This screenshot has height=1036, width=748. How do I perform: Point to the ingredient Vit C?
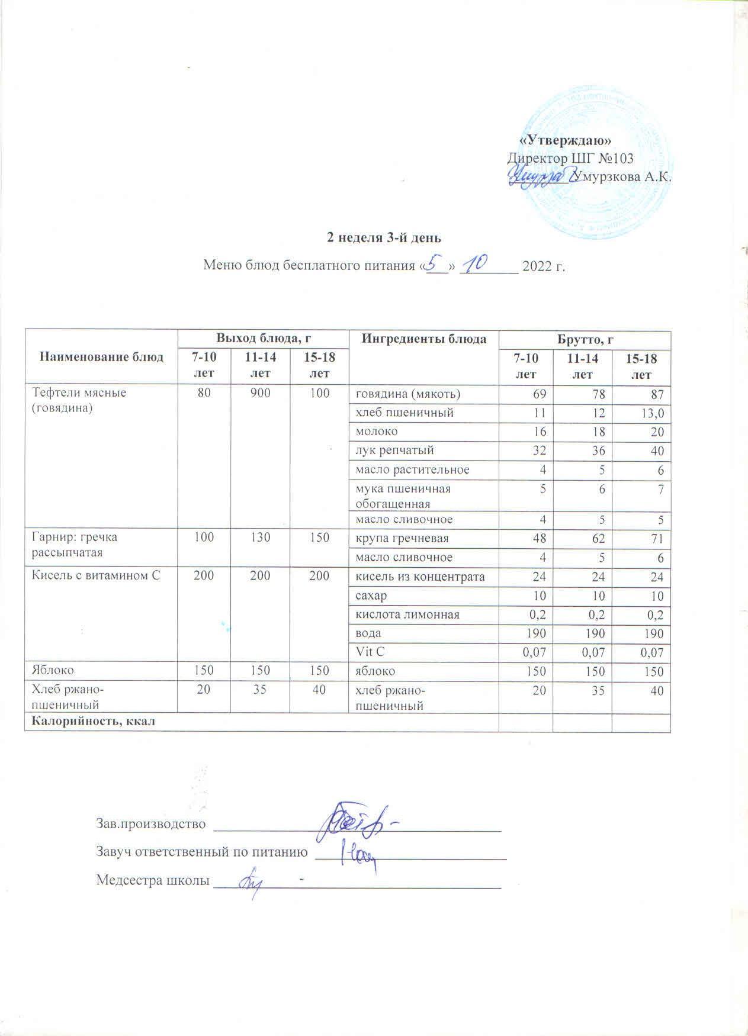pyautogui.click(x=368, y=652)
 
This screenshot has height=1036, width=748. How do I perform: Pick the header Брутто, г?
pyautogui.click(x=584, y=339)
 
